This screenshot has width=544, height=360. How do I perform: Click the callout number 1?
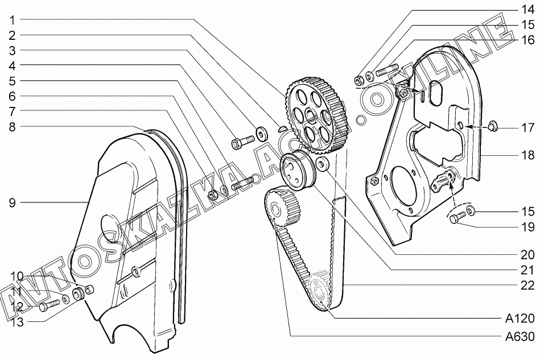(x=13, y=20)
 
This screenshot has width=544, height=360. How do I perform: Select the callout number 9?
(x=13, y=202)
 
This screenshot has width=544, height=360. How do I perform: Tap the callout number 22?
(x=527, y=285)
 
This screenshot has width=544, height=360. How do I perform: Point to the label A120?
(x=520, y=318)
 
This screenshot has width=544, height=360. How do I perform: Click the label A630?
(x=520, y=336)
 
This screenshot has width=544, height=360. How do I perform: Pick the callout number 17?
(x=527, y=127)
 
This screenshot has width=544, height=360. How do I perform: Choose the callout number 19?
(x=527, y=227)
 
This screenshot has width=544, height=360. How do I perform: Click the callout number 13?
(x=17, y=322)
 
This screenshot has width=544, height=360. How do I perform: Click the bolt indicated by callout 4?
(x=242, y=142)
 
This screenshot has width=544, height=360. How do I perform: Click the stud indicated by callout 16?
(x=386, y=71)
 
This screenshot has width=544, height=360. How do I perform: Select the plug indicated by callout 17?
(x=492, y=125)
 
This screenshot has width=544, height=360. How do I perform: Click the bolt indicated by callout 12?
(x=50, y=305)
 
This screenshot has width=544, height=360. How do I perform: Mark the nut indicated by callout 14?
(x=358, y=80)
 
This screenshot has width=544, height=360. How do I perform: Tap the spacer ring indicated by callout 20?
(x=322, y=163)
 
